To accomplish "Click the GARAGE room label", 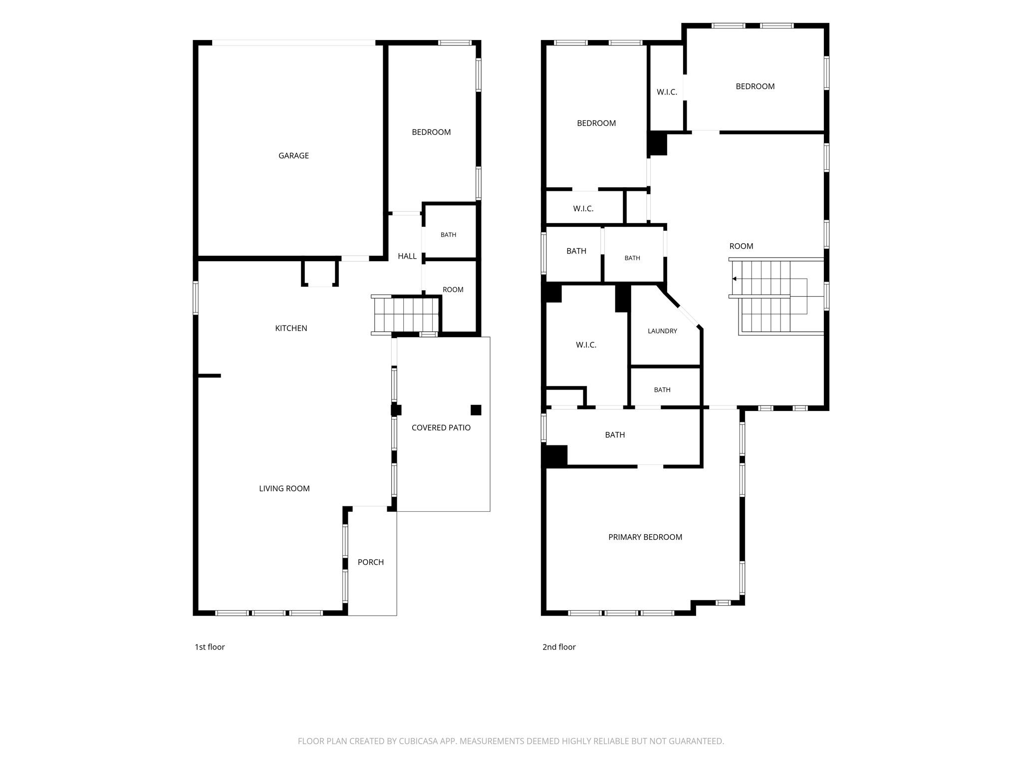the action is pyautogui.click(x=293, y=156).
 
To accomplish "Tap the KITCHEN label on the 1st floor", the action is pyautogui.click(x=291, y=328).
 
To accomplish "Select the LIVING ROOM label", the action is pyautogui.click(x=284, y=488).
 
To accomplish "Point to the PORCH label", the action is pyautogui.click(x=371, y=562).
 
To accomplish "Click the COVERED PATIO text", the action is pyautogui.click(x=441, y=427).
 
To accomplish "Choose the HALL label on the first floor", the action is pyautogui.click(x=407, y=256).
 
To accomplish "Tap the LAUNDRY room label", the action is pyautogui.click(x=662, y=331).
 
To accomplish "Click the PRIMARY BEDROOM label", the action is pyautogui.click(x=645, y=537).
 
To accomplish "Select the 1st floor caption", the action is pyautogui.click(x=210, y=647).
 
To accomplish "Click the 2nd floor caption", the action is pyautogui.click(x=559, y=647).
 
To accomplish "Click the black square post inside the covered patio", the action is pyautogui.click(x=476, y=410).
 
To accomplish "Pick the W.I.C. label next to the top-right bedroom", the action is pyautogui.click(x=667, y=92).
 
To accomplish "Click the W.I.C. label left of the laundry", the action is pyautogui.click(x=586, y=345).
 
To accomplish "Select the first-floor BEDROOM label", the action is pyautogui.click(x=431, y=132).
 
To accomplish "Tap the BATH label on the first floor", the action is pyautogui.click(x=448, y=235).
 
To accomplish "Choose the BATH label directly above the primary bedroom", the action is pyautogui.click(x=615, y=435).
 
